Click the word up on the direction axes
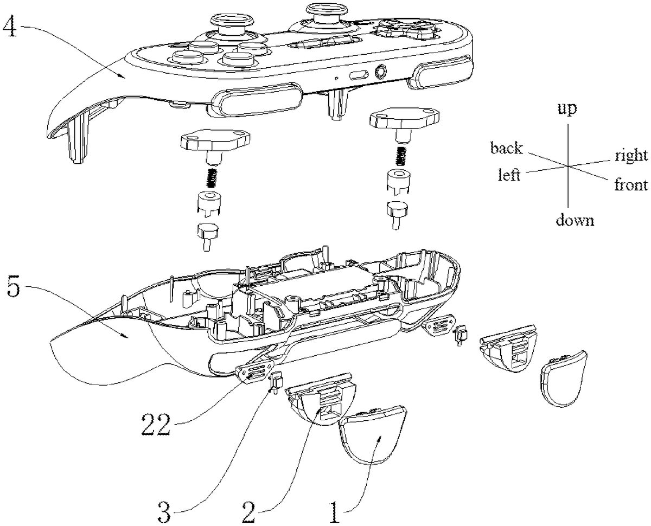pos(567,110)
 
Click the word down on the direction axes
pos(573,220)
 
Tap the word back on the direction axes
pos(506,147)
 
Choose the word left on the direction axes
pos(509,175)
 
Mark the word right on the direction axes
pos(631,156)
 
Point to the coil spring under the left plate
pos(214,176)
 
